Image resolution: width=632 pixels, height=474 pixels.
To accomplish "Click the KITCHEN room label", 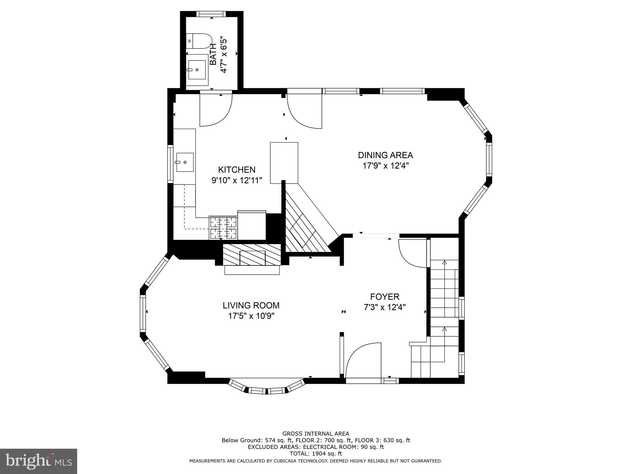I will [237, 170].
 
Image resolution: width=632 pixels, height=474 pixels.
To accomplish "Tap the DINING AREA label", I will [385, 155].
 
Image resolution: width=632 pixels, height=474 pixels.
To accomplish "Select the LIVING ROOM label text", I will [251, 306].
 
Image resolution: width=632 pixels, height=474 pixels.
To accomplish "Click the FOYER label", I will [385, 297].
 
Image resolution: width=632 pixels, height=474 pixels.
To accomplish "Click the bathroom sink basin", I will [197, 70].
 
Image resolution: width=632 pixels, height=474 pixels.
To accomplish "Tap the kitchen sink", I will [185, 162].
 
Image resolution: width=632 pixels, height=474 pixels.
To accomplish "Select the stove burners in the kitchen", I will [223, 228].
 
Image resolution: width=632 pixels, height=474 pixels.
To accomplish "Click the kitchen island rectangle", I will [284, 163].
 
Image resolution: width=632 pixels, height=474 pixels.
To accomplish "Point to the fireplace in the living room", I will [252, 258].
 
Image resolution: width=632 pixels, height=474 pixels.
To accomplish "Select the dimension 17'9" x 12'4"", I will [385, 166].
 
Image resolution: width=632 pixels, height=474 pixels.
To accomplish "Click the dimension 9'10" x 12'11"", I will [237, 180].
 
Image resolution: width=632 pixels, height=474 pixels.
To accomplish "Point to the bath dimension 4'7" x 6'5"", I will [223, 55].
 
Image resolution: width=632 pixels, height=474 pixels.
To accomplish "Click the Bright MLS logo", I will [39, 461].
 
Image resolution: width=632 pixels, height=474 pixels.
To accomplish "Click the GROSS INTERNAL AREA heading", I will [316, 434].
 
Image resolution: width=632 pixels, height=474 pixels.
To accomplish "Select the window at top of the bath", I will [211, 14].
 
